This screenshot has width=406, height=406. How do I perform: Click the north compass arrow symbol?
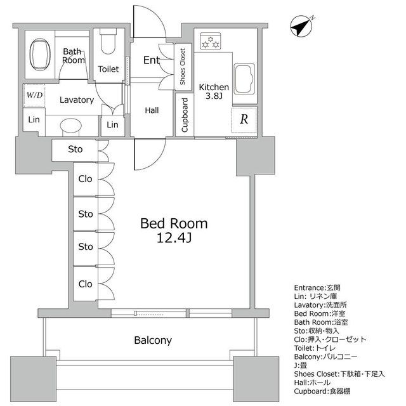[301, 27]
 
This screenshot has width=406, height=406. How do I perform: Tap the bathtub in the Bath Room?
[40, 55]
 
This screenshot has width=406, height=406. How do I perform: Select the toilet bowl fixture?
[108, 41]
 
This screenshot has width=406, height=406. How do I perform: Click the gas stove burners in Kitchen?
[211, 41]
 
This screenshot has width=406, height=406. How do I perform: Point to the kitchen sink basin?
[244, 79]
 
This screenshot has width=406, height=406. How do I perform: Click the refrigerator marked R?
[244, 120]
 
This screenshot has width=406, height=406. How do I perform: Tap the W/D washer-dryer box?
[34, 95]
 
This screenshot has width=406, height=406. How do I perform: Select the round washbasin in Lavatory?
[70, 126]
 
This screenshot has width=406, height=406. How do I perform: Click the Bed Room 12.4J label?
[174, 230]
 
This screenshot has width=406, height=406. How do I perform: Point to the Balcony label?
[153, 340]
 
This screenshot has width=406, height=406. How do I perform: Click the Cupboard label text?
[185, 115]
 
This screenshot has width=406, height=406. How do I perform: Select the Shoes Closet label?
[183, 67]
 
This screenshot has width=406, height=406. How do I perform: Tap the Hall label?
[152, 110]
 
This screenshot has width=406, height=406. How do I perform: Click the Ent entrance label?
[152, 60]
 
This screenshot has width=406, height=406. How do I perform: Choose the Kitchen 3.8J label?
[214, 91]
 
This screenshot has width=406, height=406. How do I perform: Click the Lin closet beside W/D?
[34, 120]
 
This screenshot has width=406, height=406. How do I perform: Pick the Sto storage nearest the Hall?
[75, 150]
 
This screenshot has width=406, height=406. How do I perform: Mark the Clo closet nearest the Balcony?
[86, 284]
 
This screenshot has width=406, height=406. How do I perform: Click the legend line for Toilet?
[315, 348]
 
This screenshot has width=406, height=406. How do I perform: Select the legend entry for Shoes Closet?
[339, 374]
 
